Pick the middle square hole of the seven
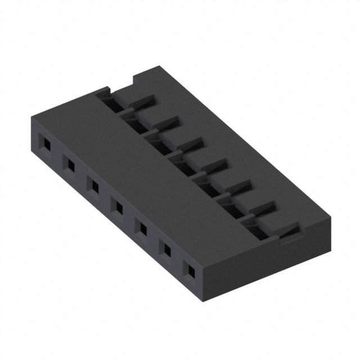tap(118, 207)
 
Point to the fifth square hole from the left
tap(142, 228)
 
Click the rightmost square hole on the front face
tap(190, 272)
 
